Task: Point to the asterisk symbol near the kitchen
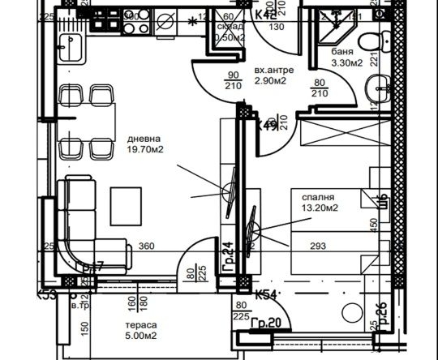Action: [x=192, y=22]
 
